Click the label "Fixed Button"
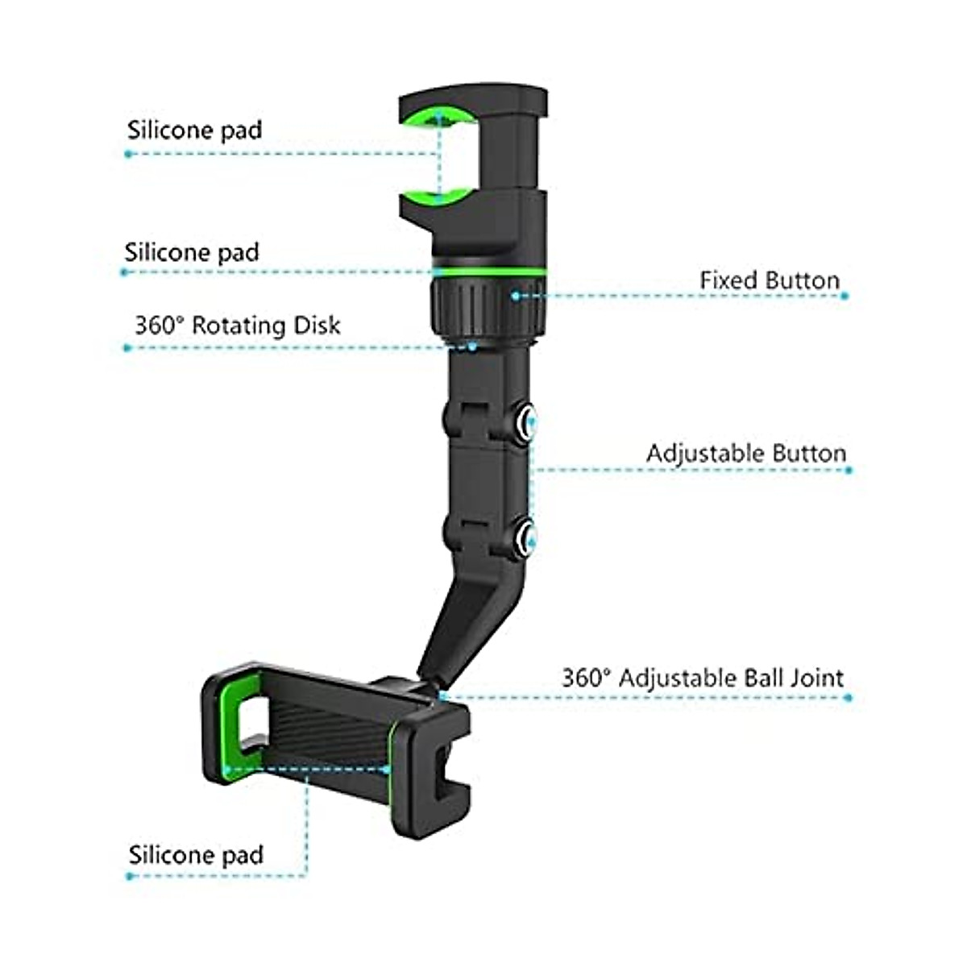point(770,281)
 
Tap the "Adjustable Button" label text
point(746,454)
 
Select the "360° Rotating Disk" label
point(237,326)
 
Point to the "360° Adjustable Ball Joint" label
point(703,678)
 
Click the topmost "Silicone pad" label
point(194,131)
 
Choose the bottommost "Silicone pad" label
point(196,855)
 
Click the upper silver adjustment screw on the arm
point(527,423)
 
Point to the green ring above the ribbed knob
point(489,272)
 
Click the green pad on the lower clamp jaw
point(440,195)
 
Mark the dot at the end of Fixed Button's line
point(845,297)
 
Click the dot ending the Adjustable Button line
point(848,469)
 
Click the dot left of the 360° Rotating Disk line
point(127,348)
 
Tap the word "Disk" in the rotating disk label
point(316,326)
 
